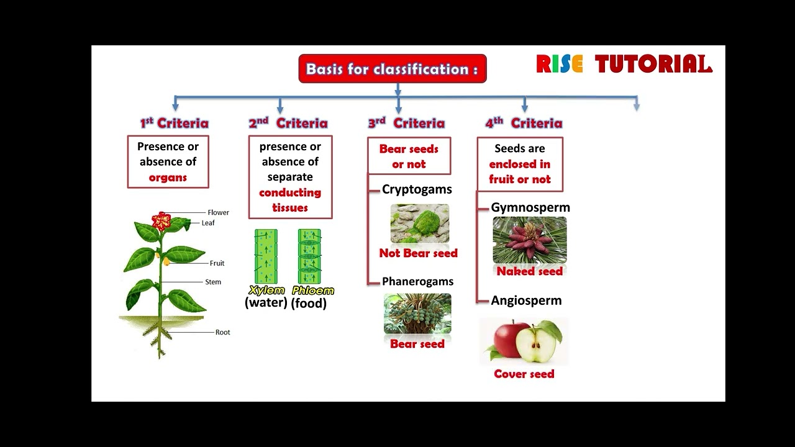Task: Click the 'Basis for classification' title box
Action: point(392,69)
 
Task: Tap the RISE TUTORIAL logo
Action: point(624,64)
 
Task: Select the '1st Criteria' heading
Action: point(174,123)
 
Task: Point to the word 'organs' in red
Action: point(168,178)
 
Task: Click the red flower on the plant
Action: point(162,220)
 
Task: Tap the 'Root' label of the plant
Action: point(222,332)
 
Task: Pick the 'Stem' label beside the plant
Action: point(213,282)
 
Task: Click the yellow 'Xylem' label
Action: point(266,290)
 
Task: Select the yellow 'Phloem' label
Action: point(312,290)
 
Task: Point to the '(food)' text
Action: point(309,303)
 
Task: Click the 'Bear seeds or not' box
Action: point(409,156)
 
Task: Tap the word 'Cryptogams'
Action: point(417,189)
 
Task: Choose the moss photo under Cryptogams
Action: point(419,223)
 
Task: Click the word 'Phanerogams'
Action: point(417,281)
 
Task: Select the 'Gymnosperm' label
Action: point(530,207)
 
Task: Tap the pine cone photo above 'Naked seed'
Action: point(529,240)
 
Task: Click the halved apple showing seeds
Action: point(538,343)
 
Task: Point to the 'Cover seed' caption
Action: point(524,374)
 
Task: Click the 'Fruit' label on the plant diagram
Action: point(217,263)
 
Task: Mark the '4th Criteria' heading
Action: point(524,123)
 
